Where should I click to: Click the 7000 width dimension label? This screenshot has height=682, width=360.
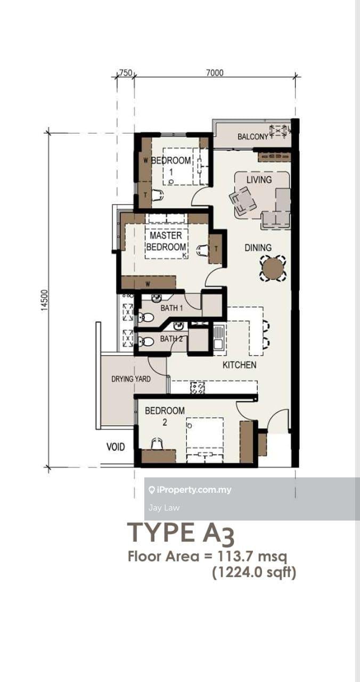click(215, 72)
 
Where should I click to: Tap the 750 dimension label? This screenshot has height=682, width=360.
click(125, 72)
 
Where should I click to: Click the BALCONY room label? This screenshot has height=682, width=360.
click(253, 137)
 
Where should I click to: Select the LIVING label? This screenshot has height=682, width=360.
click(259, 180)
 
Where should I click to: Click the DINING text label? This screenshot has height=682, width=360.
click(258, 248)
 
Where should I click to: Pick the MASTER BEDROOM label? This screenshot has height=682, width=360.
click(166, 241)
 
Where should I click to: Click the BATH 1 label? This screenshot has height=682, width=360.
click(171, 308)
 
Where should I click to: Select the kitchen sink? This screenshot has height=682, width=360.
click(218, 337)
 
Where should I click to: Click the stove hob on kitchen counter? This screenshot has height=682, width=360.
click(198, 388)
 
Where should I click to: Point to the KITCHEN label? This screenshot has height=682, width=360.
click(240, 365)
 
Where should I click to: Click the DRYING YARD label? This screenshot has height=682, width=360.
click(131, 379)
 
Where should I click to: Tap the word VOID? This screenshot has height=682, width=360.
click(116, 447)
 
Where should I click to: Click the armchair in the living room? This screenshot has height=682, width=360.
click(243, 200)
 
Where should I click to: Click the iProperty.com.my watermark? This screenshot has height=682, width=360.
click(190, 490)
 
